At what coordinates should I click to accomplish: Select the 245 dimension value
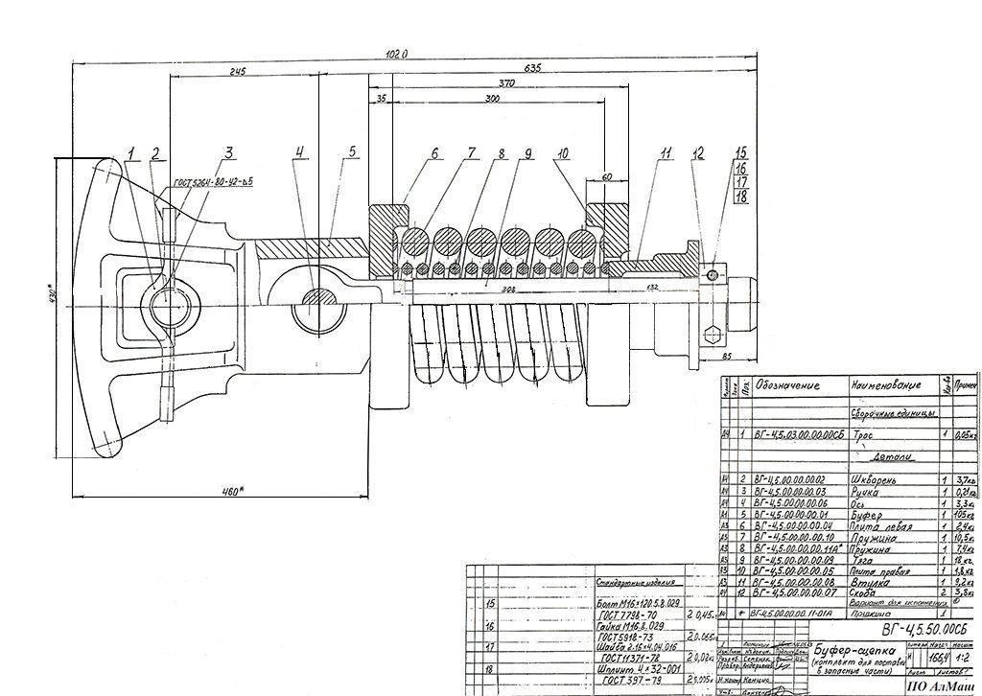coord(238,72)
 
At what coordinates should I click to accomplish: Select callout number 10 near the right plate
coord(562,152)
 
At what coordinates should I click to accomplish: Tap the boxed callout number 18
coord(740,197)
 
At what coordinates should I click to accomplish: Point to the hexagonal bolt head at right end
coord(712,336)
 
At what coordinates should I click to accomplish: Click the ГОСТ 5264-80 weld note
coord(212,180)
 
